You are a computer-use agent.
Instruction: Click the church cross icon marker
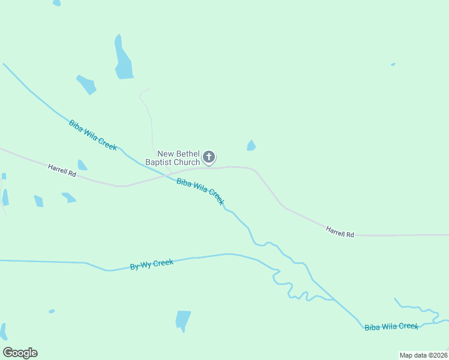(208, 157)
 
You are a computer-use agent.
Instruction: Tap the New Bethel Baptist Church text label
(173, 158)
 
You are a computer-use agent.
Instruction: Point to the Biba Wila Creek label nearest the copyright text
(391, 326)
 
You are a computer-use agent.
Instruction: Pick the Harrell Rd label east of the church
(340, 231)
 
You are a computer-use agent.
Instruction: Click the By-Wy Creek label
(152, 265)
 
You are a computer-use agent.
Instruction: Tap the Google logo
(20, 353)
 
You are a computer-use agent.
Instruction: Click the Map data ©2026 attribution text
(423, 355)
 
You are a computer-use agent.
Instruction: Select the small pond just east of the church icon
(251, 146)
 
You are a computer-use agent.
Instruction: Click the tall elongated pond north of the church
(123, 59)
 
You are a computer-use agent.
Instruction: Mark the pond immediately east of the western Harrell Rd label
(82, 166)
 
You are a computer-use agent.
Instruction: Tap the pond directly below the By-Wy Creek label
(183, 320)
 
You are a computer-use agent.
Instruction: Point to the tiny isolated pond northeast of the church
(393, 64)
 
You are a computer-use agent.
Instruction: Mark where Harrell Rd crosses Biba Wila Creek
(166, 175)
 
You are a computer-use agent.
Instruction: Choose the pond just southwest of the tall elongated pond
(86, 84)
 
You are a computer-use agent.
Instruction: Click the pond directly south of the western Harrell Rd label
(69, 197)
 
